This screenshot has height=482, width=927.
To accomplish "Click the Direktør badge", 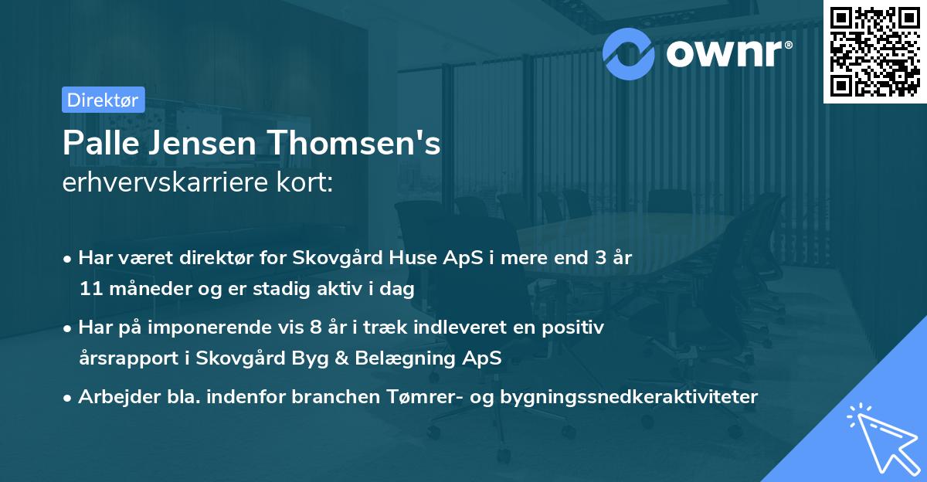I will point(103,100).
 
